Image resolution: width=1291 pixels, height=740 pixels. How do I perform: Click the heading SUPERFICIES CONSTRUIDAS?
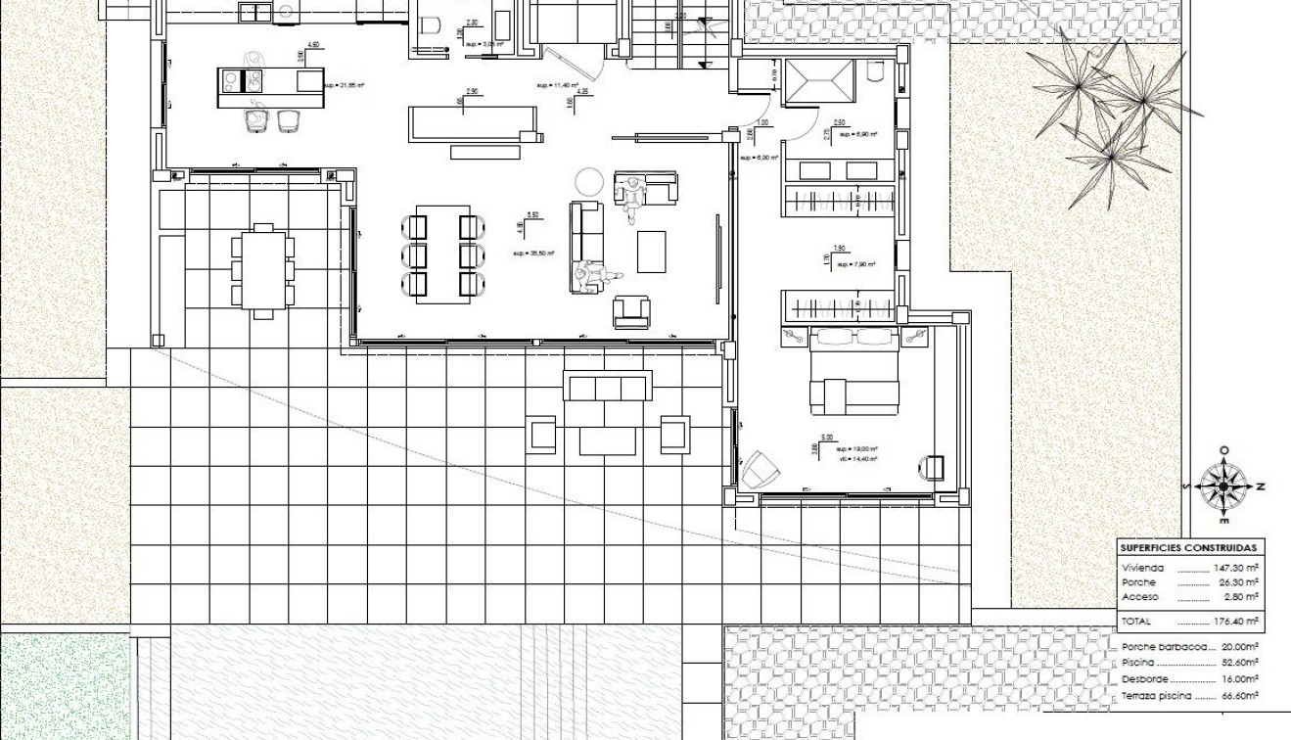click(x=1189, y=548)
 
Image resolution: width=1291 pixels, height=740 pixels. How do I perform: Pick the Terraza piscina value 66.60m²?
click(x=1238, y=696)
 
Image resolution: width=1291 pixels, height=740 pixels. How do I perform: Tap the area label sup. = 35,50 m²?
click(x=532, y=254)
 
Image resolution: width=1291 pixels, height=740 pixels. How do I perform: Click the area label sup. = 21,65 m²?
click(x=344, y=86)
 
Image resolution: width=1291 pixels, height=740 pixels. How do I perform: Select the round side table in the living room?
click(x=589, y=181)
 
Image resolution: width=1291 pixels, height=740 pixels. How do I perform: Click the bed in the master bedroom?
click(x=853, y=372)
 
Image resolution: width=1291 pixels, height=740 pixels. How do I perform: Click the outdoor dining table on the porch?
click(x=261, y=267)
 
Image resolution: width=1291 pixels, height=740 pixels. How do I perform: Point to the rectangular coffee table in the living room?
click(x=652, y=251)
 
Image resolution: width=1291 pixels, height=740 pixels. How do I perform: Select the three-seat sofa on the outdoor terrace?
click(x=607, y=387)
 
